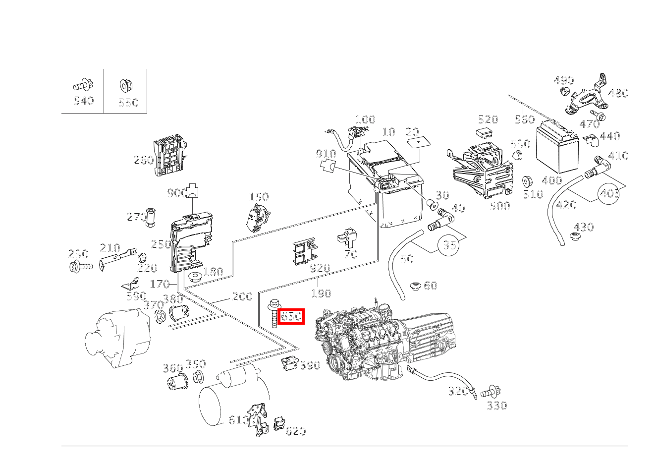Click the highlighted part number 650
click(x=291, y=316)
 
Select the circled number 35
click(x=449, y=245)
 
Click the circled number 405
click(x=609, y=193)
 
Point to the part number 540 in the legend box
click(x=83, y=101)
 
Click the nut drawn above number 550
click(x=125, y=86)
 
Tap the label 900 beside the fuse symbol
click(x=177, y=193)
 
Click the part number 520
click(x=488, y=119)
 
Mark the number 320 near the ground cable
click(x=458, y=391)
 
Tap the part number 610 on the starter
click(x=238, y=420)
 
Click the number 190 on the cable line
click(x=321, y=293)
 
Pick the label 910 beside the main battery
click(x=326, y=154)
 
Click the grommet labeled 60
click(x=415, y=286)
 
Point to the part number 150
click(x=258, y=197)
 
